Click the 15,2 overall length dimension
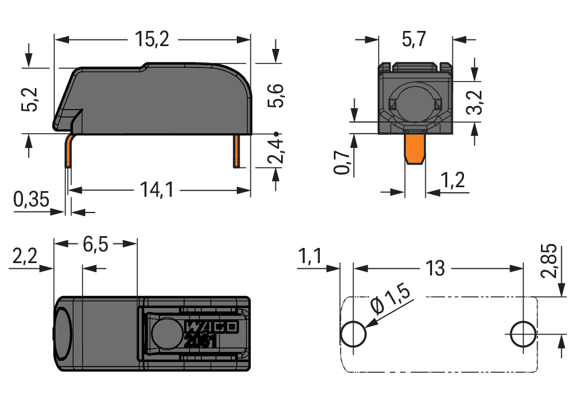(152, 39)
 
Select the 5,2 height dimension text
(31, 100)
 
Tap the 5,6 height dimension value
(276, 96)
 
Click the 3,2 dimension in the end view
(476, 101)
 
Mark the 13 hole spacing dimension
(435, 268)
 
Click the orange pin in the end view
(415, 147)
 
